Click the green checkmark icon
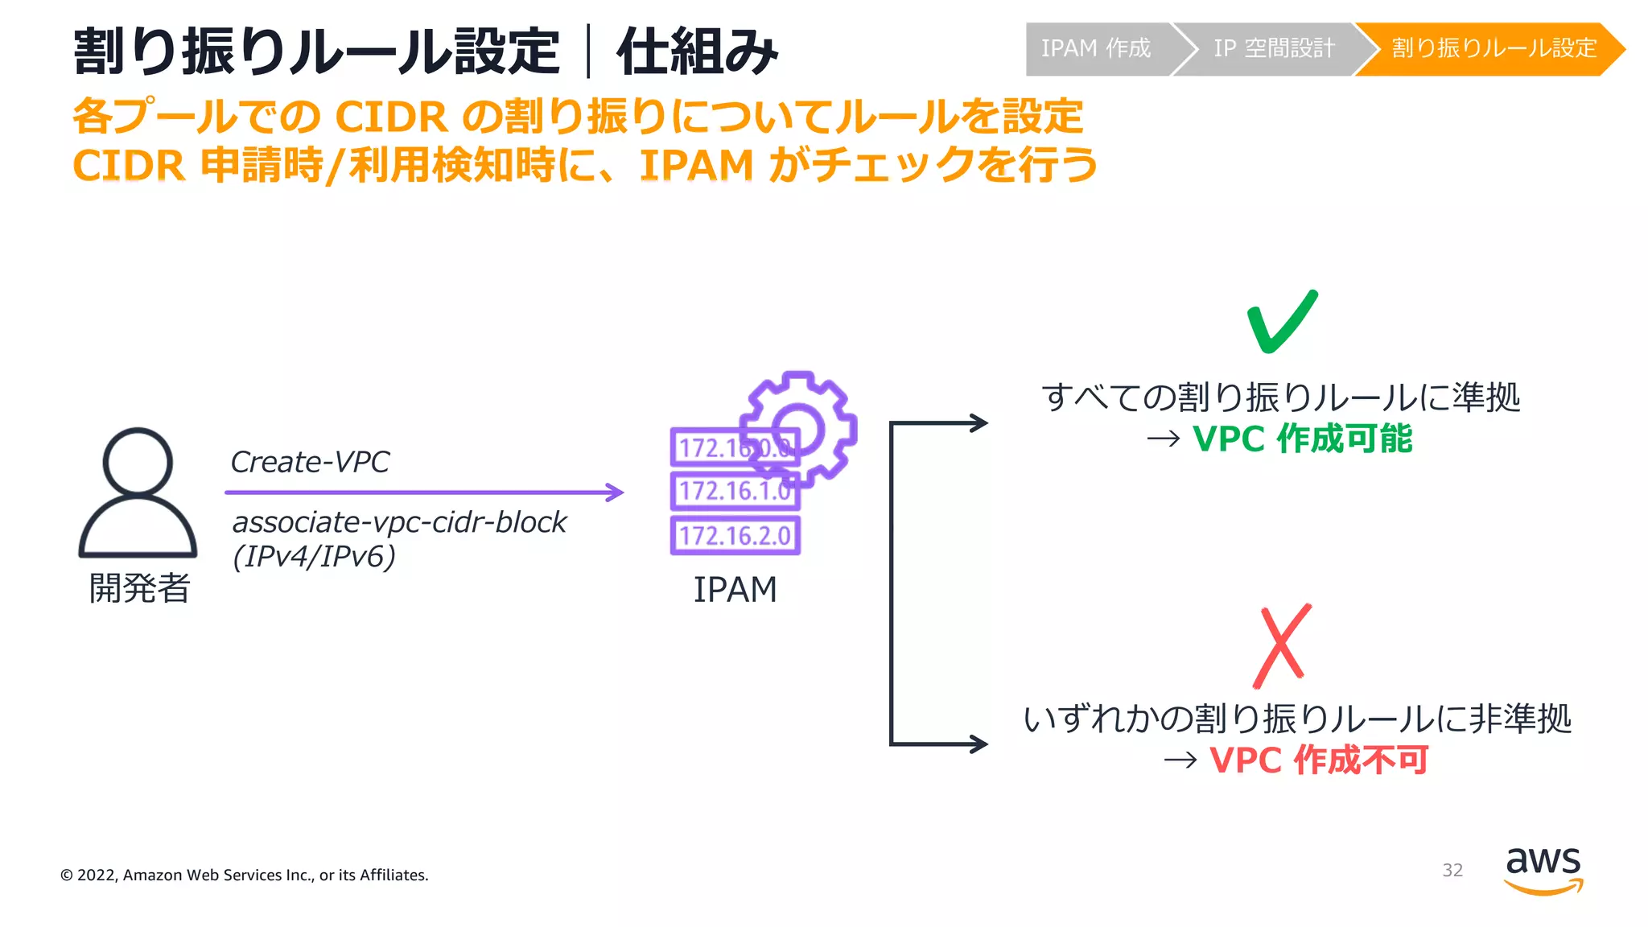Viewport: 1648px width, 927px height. tap(1281, 322)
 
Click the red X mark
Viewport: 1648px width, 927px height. tap(1282, 645)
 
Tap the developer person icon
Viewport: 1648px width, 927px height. tap(138, 492)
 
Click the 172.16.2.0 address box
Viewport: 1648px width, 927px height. tap(735, 535)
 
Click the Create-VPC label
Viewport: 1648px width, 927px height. tap(310, 462)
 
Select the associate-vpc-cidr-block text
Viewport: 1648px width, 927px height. tap(399, 522)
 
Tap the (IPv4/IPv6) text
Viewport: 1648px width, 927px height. tap(314, 557)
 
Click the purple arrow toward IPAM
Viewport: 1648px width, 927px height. tap(424, 492)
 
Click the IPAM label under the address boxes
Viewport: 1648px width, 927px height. tap(735, 590)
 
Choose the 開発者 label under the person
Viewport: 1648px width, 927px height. tap(139, 588)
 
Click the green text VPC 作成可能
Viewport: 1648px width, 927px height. tap(1302, 439)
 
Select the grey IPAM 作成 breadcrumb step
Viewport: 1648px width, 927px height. tap(1095, 49)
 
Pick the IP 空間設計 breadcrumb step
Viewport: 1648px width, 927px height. tap(1273, 49)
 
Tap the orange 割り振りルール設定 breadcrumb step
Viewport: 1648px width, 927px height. tap(1493, 49)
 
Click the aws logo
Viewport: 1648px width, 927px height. tap(1543, 870)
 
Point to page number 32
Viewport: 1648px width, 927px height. tap(1452, 870)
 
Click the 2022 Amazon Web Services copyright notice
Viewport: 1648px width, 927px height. tap(245, 875)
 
